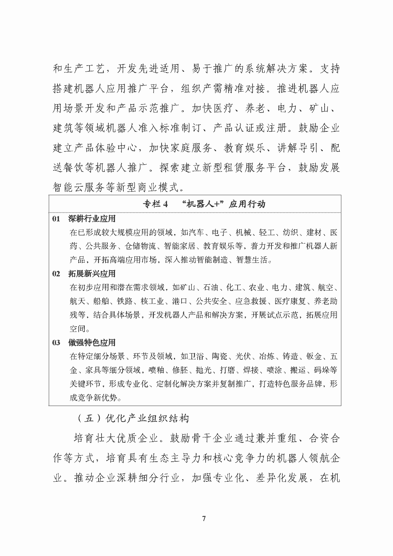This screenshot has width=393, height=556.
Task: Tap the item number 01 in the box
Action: [56, 219]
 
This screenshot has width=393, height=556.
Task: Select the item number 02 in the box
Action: [56, 273]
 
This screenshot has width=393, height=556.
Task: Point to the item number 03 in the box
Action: [56, 342]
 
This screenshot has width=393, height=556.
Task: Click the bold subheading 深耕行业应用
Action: [92, 219]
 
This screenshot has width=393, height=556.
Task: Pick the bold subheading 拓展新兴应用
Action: [92, 273]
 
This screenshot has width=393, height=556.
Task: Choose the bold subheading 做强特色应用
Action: [92, 342]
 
